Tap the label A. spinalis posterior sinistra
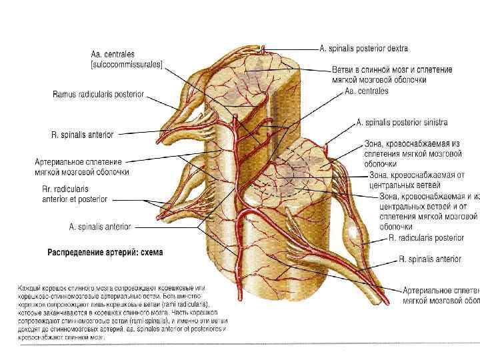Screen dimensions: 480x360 402,123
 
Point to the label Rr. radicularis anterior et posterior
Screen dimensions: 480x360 74,194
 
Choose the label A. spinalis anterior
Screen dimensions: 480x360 101,227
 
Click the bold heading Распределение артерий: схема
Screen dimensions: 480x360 105,253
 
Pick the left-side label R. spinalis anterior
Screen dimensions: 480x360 82,135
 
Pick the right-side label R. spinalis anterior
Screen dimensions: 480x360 429,259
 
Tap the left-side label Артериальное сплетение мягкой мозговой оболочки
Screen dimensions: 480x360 82,166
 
